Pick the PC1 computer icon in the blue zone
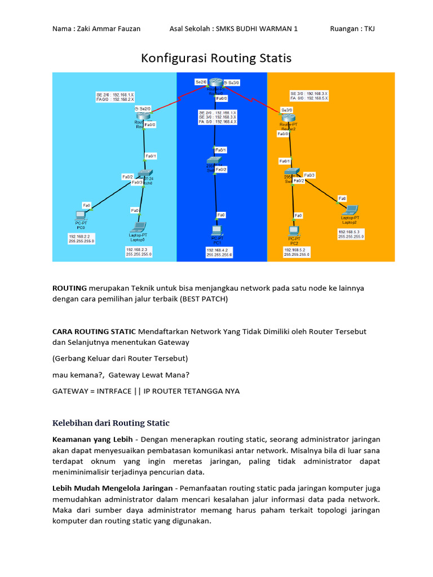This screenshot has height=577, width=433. coord(216,230)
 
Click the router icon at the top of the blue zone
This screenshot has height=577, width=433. coord(219,83)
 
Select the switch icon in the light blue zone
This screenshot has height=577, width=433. coord(145,173)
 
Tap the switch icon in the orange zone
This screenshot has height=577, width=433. coord(291,172)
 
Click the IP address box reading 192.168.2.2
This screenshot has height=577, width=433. coord(82,238)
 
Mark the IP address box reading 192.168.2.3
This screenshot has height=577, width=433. coord(138,251)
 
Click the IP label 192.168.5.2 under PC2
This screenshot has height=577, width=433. coord(297,252)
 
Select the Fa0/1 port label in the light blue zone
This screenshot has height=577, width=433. coord(151,156)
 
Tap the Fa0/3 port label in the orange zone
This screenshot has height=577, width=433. coord(310,175)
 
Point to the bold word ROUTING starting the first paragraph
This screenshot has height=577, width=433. coord(69,288)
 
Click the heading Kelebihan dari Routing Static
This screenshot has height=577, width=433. coord(111,423)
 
